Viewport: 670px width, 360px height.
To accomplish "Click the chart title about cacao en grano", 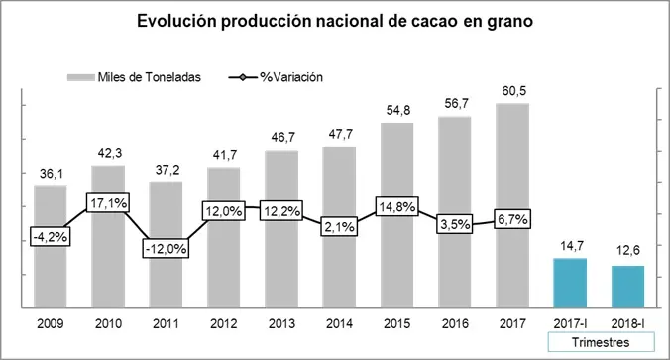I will click(336, 21).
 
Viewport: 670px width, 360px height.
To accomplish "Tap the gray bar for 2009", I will click(51, 248).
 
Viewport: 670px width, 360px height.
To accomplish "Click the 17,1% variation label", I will click(108, 204).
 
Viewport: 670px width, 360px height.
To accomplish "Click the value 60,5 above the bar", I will click(512, 92).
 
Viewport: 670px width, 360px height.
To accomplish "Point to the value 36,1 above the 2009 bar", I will click(51, 174).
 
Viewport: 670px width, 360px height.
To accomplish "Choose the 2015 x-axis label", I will click(396, 321).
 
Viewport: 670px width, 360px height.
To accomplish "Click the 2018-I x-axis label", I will click(627, 321).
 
